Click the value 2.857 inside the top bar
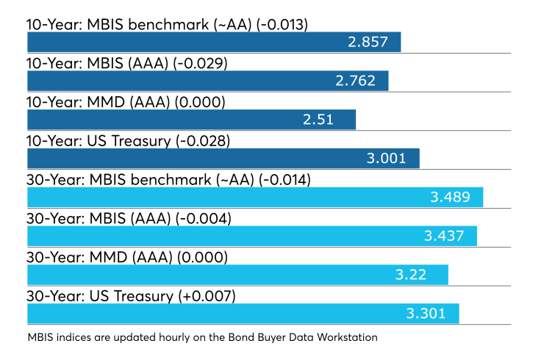tap(368, 42)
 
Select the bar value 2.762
tap(355, 81)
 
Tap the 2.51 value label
tap(318, 120)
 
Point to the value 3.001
tap(386, 159)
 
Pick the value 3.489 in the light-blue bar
tap(451, 198)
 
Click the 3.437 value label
tap(444, 236)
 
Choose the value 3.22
tap(411, 275)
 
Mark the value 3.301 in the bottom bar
tap(426, 314)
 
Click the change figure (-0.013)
tap(282, 25)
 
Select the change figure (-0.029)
tap(200, 63)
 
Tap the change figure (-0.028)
tap(203, 141)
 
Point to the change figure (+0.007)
tap(207, 297)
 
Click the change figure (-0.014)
tap(284, 180)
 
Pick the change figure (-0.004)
tap(204, 219)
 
